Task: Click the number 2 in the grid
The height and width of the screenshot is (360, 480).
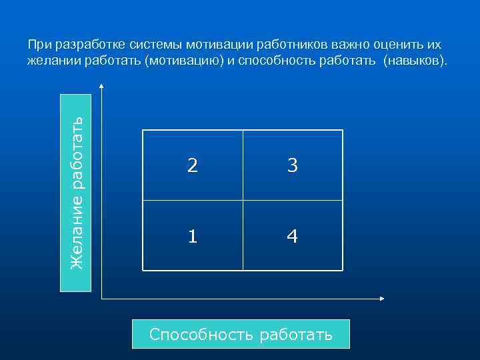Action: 192,166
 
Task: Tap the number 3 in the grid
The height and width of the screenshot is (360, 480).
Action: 292,166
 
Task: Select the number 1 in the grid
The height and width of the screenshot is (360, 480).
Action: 192,236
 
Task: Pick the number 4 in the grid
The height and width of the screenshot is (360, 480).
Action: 292,236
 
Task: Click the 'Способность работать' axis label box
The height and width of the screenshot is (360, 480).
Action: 241,334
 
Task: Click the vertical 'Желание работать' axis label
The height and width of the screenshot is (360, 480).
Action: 76,193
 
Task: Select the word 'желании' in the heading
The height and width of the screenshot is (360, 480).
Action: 51,61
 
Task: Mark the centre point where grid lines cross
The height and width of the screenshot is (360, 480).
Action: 243,200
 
